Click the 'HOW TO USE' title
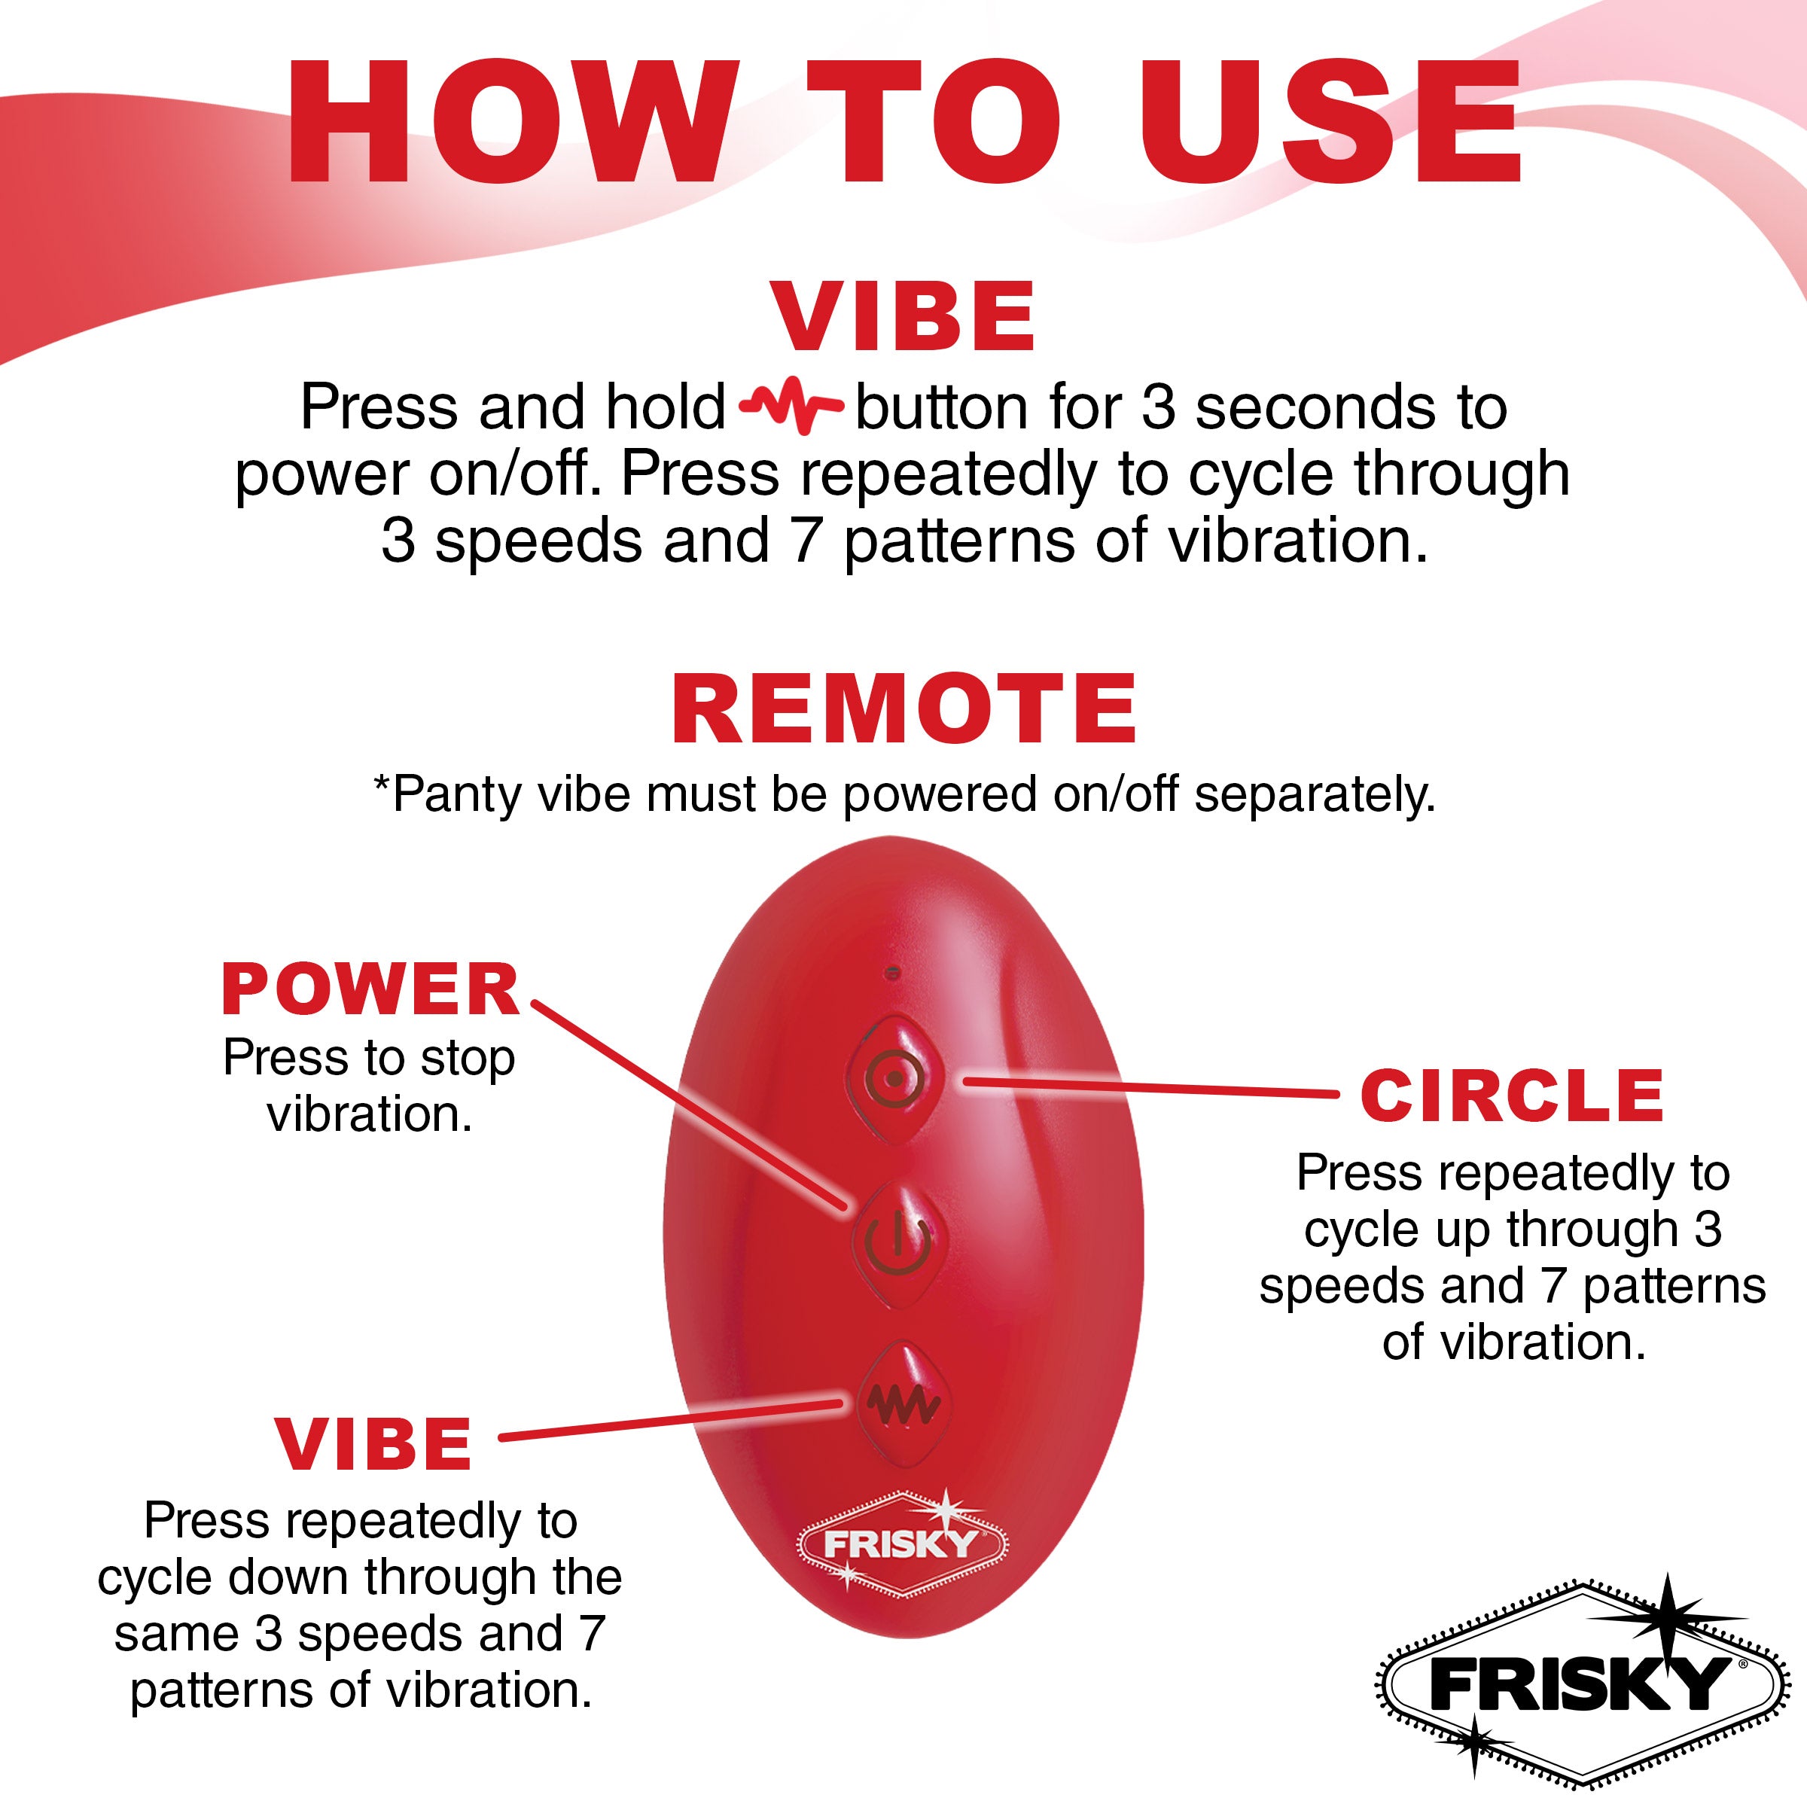[x=903, y=121]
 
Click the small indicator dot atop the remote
[x=892, y=973]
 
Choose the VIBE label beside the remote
[x=374, y=1444]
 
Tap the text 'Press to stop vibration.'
[x=368, y=1086]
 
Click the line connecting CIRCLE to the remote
[x=1150, y=1088]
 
